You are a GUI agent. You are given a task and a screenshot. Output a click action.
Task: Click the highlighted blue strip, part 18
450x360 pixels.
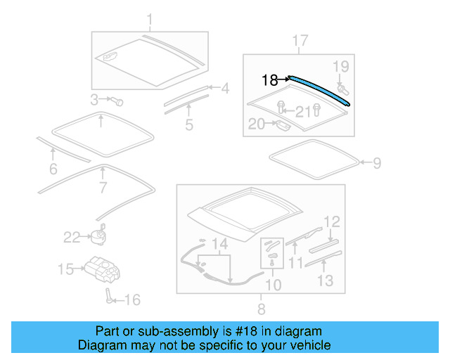(x=320, y=89)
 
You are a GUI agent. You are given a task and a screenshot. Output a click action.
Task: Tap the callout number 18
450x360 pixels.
(x=270, y=80)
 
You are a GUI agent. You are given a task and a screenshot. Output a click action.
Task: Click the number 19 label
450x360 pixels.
(x=340, y=67)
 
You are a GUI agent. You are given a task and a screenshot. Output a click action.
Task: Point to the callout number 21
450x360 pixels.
(x=302, y=110)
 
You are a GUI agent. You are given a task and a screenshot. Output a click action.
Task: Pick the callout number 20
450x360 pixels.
(x=257, y=124)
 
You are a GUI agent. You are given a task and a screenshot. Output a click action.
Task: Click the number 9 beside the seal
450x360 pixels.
(x=376, y=163)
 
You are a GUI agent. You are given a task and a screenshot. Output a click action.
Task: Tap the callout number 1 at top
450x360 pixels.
(x=148, y=18)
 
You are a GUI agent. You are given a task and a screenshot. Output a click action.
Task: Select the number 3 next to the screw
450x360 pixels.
(x=94, y=98)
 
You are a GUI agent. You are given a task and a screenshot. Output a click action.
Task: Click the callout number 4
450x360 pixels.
(x=225, y=89)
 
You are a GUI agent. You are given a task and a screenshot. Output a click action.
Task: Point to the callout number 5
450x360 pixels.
(x=189, y=125)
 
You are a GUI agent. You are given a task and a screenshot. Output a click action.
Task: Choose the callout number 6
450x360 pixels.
(x=53, y=169)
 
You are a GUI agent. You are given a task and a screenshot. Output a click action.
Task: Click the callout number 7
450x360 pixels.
(x=103, y=188)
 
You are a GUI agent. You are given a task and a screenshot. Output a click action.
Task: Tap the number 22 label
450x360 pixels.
(x=72, y=238)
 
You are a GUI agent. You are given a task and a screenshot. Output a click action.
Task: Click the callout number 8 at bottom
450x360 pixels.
(x=261, y=309)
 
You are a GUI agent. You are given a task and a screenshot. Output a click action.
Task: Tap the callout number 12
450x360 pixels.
(x=331, y=222)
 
